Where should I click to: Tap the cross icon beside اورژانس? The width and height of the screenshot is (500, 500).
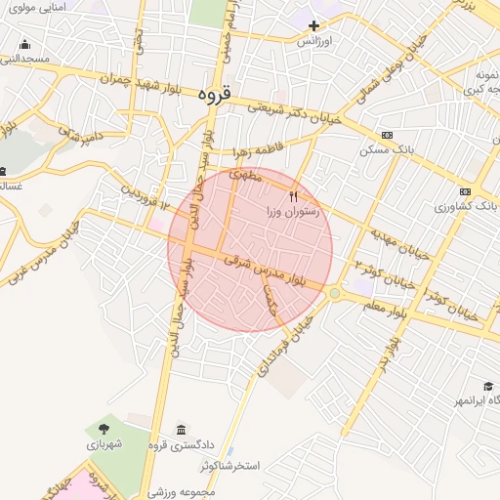click(313, 25)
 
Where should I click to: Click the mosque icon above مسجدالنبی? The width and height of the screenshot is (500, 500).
click(24, 44)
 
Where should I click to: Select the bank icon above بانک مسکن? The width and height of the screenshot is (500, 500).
click(388, 135)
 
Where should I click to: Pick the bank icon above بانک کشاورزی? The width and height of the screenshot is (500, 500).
click(465, 191)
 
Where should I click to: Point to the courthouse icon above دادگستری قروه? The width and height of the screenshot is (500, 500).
click(181, 430)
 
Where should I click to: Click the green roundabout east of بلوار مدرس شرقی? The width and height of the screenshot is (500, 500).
click(335, 293)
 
